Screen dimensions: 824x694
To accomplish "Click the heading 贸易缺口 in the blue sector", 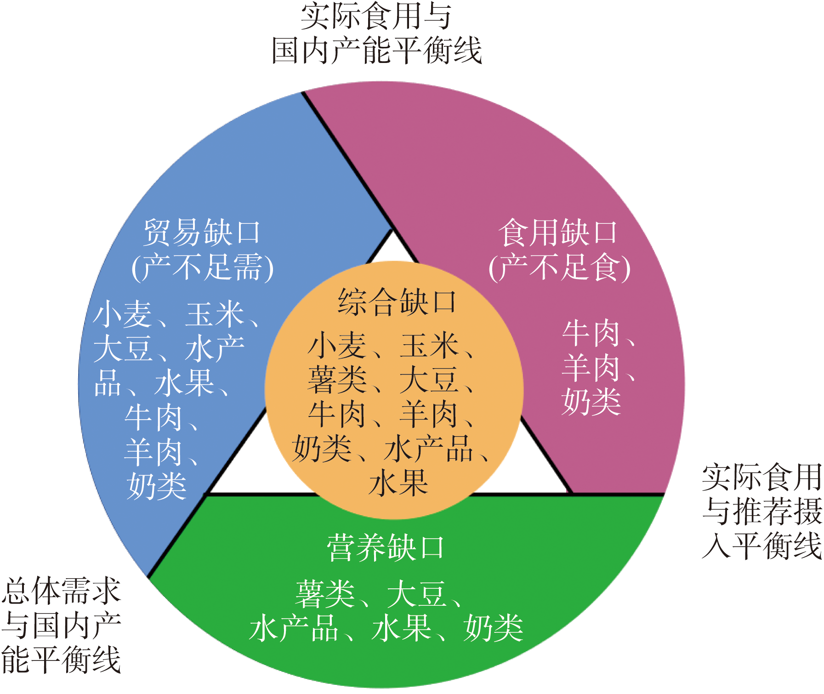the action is pos(202,232).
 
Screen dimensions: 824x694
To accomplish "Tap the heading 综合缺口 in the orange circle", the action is pos(397,302).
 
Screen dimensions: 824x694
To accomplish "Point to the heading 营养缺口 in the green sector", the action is pos(386,547).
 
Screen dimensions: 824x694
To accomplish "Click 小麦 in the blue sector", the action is pos(122,314).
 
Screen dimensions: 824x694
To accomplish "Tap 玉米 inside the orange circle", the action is pos(430,346).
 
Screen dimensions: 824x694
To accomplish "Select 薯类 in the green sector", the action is pos(325,593).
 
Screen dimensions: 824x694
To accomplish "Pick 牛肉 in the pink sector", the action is pos(591,333).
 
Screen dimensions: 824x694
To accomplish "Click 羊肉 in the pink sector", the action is pos(591,368).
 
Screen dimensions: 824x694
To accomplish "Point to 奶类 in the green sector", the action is pos(494,628).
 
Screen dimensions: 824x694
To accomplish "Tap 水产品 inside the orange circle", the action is pos(429,449).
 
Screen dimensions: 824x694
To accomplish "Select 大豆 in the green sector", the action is pos(417,593).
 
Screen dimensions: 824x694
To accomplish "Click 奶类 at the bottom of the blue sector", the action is pos(157,486).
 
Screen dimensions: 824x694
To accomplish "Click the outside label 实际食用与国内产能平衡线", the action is pos(376,33).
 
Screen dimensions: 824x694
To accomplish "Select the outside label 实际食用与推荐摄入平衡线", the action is pos(762,511).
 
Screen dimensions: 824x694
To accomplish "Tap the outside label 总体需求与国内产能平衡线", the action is pos(61,626).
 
